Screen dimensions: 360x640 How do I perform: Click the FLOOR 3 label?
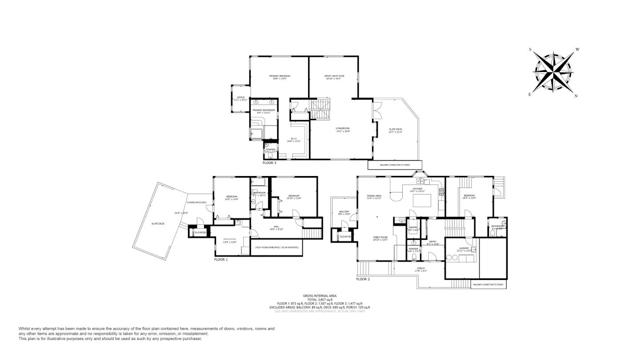coord(268,160)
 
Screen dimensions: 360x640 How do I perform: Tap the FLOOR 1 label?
coord(221,259)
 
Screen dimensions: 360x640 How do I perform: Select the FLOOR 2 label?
coord(362,279)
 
